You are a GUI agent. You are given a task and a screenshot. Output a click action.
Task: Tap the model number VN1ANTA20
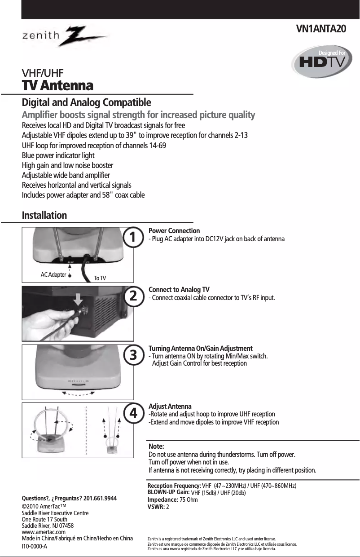tap(321, 29)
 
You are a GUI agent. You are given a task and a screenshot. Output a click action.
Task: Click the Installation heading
tap(44, 215)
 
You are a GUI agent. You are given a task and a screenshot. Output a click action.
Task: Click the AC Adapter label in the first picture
tap(53, 274)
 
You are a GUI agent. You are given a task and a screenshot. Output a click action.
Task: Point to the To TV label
tap(100, 278)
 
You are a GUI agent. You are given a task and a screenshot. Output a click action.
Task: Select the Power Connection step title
tap(174, 231)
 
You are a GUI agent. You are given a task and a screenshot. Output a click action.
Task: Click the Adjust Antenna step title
tap(170, 406)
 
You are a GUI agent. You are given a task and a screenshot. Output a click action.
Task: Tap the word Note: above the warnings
tap(156, 447)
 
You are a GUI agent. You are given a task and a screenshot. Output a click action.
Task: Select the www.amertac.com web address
tap(44, 532)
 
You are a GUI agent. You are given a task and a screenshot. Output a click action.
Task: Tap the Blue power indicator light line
tap(58, 155)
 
